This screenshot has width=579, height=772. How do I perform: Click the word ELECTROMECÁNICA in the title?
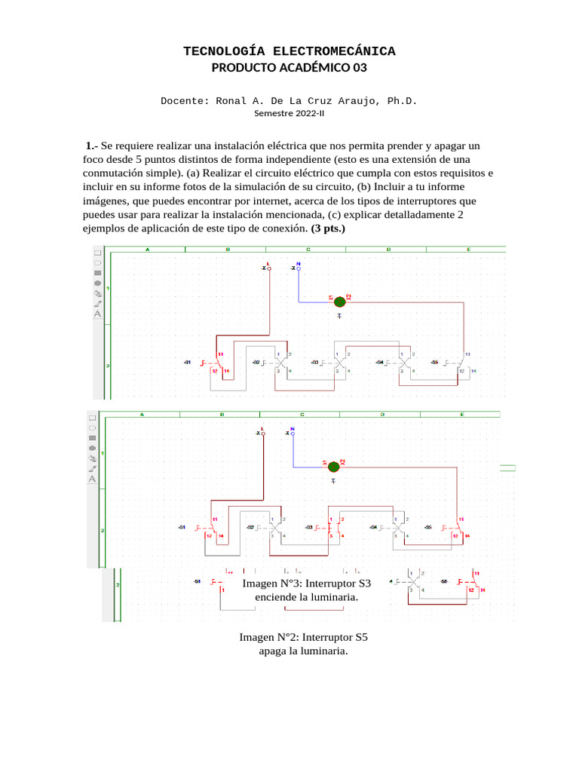(x=334, y=51)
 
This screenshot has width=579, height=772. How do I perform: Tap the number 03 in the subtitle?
(x=357, y=68)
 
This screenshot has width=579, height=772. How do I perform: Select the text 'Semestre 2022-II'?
(x=289, y=114)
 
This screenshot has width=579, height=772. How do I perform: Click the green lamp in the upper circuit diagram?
(x=339, y=301)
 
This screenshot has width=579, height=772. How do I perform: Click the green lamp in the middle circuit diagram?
(x=333, y=466)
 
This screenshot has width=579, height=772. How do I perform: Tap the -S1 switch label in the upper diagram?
(x=187, y=363)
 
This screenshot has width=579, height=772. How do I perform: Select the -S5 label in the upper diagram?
(x=434, y=363)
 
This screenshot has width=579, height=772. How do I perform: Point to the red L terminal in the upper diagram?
(x=268, y=266)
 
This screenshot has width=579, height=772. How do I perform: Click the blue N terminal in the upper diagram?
(x=298, y=266)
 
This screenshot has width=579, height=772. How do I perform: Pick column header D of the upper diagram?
(x=388, y=249)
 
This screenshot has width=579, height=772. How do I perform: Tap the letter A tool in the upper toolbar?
(x=97, y=314)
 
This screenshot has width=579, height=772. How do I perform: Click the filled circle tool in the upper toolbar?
(x=97, y=283)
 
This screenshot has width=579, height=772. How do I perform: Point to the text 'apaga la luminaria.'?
(x=303, y=651)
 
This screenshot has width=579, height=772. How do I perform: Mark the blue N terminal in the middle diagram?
(x=292, y=432)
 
